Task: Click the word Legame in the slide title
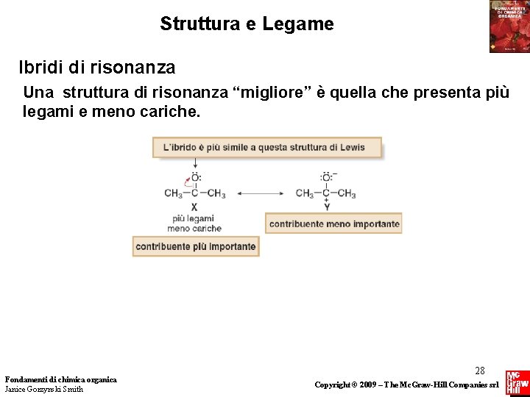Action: click(x=302, y=24)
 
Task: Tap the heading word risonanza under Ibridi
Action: click(x=134, y=68)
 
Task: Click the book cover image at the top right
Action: click(x=509, y=26)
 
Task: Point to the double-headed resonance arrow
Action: click(x=260, y=194)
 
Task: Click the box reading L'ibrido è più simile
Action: click(x=268, y=147)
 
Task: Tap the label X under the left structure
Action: click(x=194, y=207)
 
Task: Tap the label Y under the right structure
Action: click(x=326, y=207)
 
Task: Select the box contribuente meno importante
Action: click(x=334, y=224)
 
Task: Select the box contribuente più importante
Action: click(x=196, y=247)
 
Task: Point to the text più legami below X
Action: click(x=193, y=218)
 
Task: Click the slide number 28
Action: click(x=480, y=371)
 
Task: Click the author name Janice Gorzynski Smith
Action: click(x=44, y=390)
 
